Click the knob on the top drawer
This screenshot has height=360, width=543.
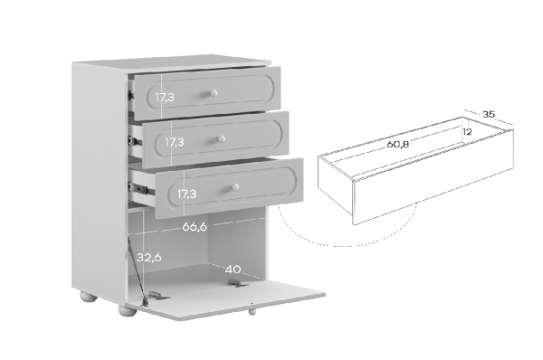[x=214, y=93]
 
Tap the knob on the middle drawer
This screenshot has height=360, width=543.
[x=222, y=139]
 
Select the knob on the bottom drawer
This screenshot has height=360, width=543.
[x=235, y=187]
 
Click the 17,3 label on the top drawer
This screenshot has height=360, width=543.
[x=165, y=98]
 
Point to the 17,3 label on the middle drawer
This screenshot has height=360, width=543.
[x=174, y=142]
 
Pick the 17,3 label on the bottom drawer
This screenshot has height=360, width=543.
[x=187, y=194]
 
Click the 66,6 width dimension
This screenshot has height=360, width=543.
[x=195, y=227]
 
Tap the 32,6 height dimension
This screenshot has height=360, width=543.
[x=149, y=258]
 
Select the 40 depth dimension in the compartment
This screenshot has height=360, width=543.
[x=233, y=270]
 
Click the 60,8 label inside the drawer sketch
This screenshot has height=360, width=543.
[x=397, y=144]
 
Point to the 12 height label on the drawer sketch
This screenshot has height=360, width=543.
[x=467, y=132]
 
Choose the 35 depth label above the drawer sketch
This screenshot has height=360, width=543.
[x=489, y=114]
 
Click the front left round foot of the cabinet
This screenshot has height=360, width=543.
[x=128, y=310]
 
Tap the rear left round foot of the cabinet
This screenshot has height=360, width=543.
[x=89, y=297]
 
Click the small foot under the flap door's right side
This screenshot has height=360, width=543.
[x=252, y=311]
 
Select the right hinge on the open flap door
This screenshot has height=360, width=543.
[x=237, y=283]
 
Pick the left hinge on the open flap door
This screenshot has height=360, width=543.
[x=157, y=296]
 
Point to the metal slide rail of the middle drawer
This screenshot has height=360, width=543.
[x=135, y=141]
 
